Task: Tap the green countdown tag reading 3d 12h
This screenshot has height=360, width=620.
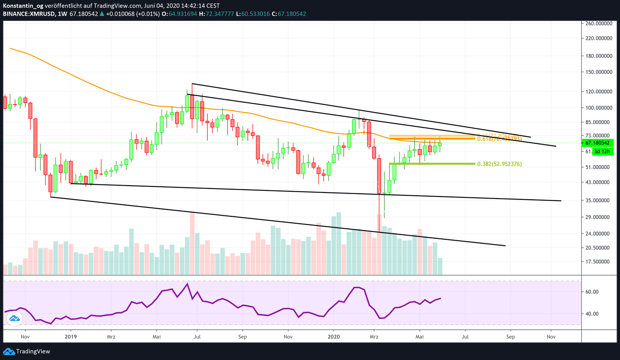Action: [x=602, y=152]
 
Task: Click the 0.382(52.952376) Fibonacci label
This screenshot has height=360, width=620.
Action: [x=499, y=164]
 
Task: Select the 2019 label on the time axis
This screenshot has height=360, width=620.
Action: [x=71, y=337]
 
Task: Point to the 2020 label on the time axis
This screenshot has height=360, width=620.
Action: [x=334, y=337]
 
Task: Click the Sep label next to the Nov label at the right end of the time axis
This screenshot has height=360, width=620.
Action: [x=511, y=337]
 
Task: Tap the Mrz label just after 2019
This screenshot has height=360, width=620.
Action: [x=111, y=337]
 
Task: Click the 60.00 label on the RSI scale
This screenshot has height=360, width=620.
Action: [x=593, y=292]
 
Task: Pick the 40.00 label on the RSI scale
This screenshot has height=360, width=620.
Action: [x=593, y=314]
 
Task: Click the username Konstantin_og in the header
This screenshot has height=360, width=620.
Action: [x=23, y=6]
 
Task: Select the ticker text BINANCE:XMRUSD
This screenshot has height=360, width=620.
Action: [x=29, y=14]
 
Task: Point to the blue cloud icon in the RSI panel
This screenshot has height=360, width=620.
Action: [x=15, y=319]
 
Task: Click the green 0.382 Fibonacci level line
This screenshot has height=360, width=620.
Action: [x=431, y=164]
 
